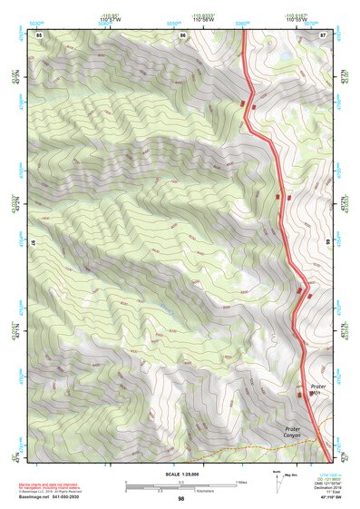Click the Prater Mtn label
pyautogui.click(x=317, y=390)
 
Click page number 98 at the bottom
pyautogui.click(x=180, y=499)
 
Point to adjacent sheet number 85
pyautogui.click(x=40, y=34)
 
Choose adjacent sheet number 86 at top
pyautogui.click(x=182, y=34)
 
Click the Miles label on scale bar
pyautogui.click(x=240, y=481)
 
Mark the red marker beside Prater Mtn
pyautogui.click(x=302, y=393)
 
